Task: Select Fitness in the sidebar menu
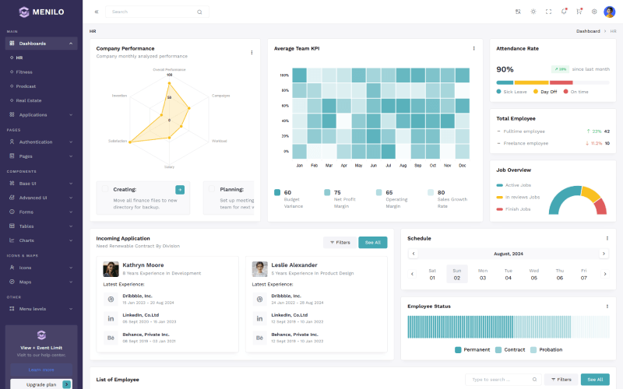pos(24,72)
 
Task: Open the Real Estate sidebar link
pos(29,100)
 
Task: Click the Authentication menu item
pos(36,142)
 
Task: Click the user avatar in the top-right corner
pos(609,12)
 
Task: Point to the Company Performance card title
pos(125,48)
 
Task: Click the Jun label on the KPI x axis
pos(373,166)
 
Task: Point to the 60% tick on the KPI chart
pos(285,114)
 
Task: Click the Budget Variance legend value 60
pos(287,192)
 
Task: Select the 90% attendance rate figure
pos(505,69)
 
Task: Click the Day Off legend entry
pos(548,92)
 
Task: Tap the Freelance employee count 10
pos(607,143)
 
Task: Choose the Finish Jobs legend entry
pos(518,209)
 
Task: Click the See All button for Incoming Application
pos(372,242)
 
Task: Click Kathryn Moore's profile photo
pos(111,268)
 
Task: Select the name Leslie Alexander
pos(294,265)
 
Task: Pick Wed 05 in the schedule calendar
pos(533,274)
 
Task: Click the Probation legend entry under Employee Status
pos(551,349)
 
